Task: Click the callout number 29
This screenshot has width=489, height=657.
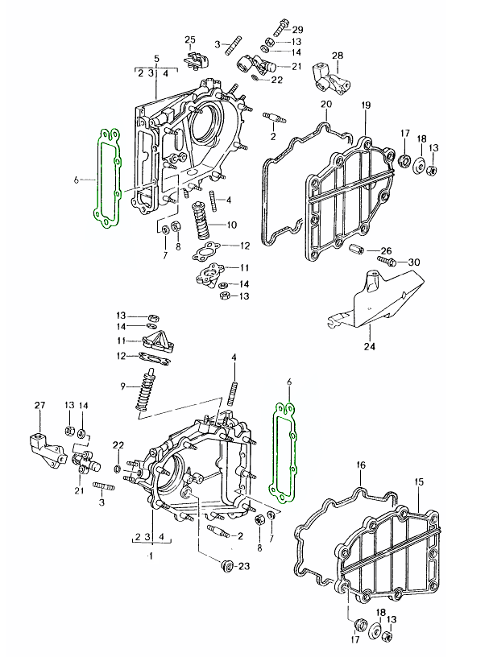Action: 297,29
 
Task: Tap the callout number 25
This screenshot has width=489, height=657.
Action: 189,39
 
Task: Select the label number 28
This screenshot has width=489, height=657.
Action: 338,55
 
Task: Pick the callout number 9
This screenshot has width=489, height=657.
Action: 123,386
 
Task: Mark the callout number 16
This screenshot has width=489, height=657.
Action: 360,465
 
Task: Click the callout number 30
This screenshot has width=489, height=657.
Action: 415,262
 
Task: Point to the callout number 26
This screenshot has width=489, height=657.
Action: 386,250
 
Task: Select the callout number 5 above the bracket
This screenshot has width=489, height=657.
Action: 156,59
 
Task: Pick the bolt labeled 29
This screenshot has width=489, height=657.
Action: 279,28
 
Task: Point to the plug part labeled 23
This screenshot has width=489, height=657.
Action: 228,568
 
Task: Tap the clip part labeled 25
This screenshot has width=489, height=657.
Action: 196,60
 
